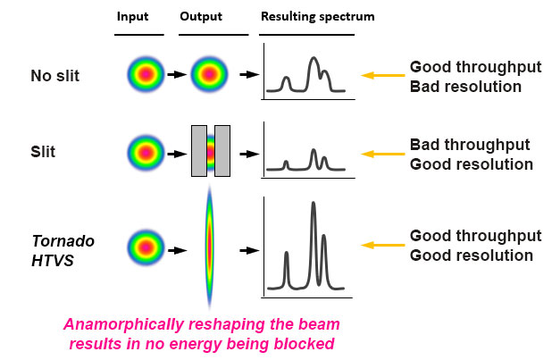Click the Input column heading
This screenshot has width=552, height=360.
(x=132, y=17)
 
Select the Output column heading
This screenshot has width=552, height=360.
(x=201, y=17)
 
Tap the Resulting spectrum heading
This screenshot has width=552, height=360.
(x=318, y=17)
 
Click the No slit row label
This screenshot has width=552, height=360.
(x=54, y=76)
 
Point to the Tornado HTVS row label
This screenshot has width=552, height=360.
(x=63, y=251)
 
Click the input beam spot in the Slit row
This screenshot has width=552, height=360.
(x=146, y=153)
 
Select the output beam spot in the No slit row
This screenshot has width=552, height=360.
(x=210, y=74)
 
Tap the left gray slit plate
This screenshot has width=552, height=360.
(x=199, y=151)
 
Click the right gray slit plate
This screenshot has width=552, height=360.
(x=222, y=151)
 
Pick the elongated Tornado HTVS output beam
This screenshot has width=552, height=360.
(x=210, y=247)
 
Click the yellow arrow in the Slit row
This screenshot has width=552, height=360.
(x=382, y=154)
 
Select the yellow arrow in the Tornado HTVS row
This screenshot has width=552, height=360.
(x=382, y=245)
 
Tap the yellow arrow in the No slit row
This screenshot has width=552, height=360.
(x=382, y=75)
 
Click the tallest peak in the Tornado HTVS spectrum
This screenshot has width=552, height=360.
(x=314, y=204)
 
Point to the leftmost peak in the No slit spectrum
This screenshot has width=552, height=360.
(x=286, y=78)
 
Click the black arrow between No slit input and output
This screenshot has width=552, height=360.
(x=177, y=75)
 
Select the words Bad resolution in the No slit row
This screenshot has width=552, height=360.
(x=465, y=87)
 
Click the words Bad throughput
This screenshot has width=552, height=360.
(x=470, y=145)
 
